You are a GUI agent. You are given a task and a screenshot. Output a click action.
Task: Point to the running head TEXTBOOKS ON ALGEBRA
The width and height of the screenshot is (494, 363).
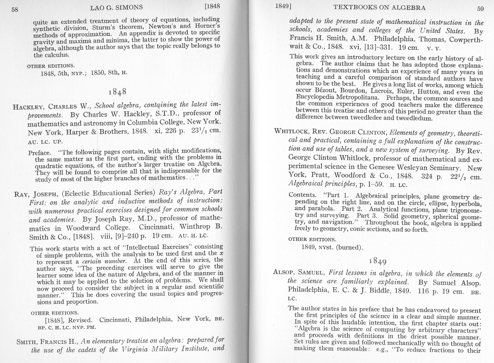coord(379,7)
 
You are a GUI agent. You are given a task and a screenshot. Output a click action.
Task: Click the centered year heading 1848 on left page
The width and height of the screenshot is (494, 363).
coord(117,91)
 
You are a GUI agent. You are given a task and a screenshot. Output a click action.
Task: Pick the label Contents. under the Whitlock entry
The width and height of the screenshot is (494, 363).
coord(303,195)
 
